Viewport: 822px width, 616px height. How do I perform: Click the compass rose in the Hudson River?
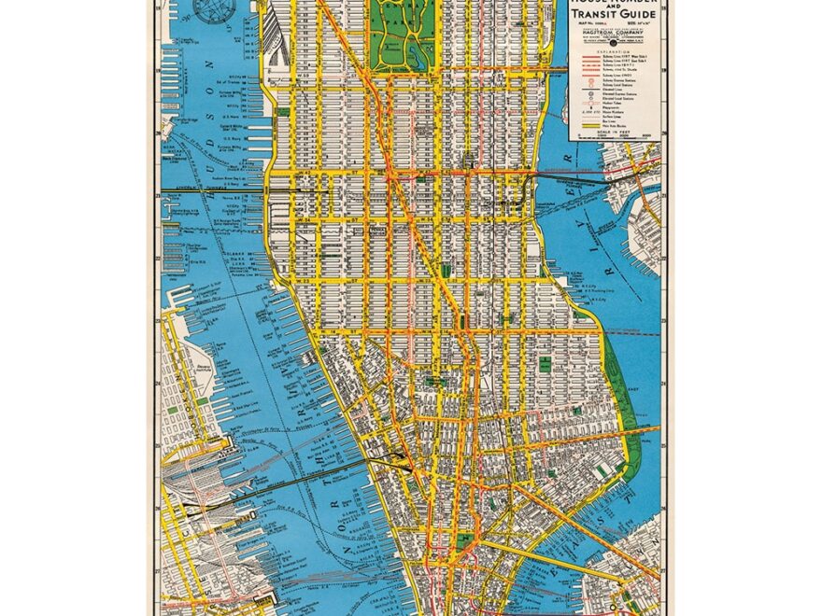pyautogui.click(x=215, y=11)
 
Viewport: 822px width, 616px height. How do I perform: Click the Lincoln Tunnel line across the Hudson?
pyautogui.click(x=224, y=190)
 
